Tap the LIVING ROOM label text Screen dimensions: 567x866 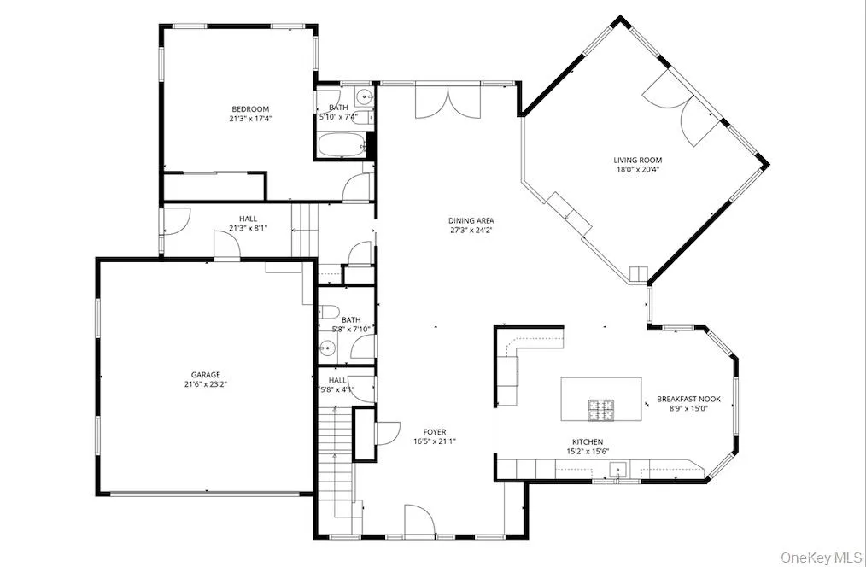pos(637,160)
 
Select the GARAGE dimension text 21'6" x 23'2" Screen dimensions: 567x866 pos(205,385)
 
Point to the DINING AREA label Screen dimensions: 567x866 pos(471,220)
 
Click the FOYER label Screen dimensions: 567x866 pos(434,432)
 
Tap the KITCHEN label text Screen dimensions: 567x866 pos(589,441)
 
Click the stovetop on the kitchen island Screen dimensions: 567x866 pos(600,410)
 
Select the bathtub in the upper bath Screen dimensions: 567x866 pos(342,146)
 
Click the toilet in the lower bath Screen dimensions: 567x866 pos(330,313)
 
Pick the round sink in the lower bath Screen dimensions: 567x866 pos(326,347)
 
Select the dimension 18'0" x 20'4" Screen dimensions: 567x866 pos(637,169)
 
